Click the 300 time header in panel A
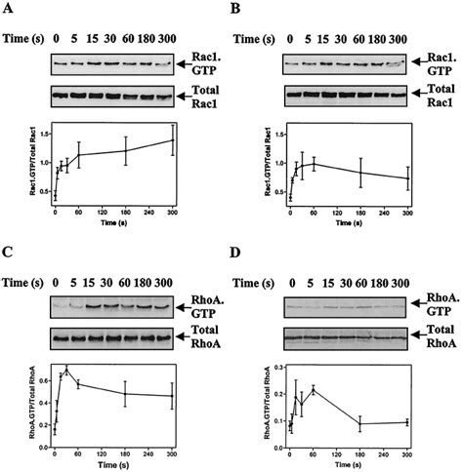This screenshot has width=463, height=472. [172, 40]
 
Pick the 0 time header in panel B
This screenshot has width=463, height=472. [291, 40]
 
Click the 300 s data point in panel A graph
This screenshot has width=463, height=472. [173, 140]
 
